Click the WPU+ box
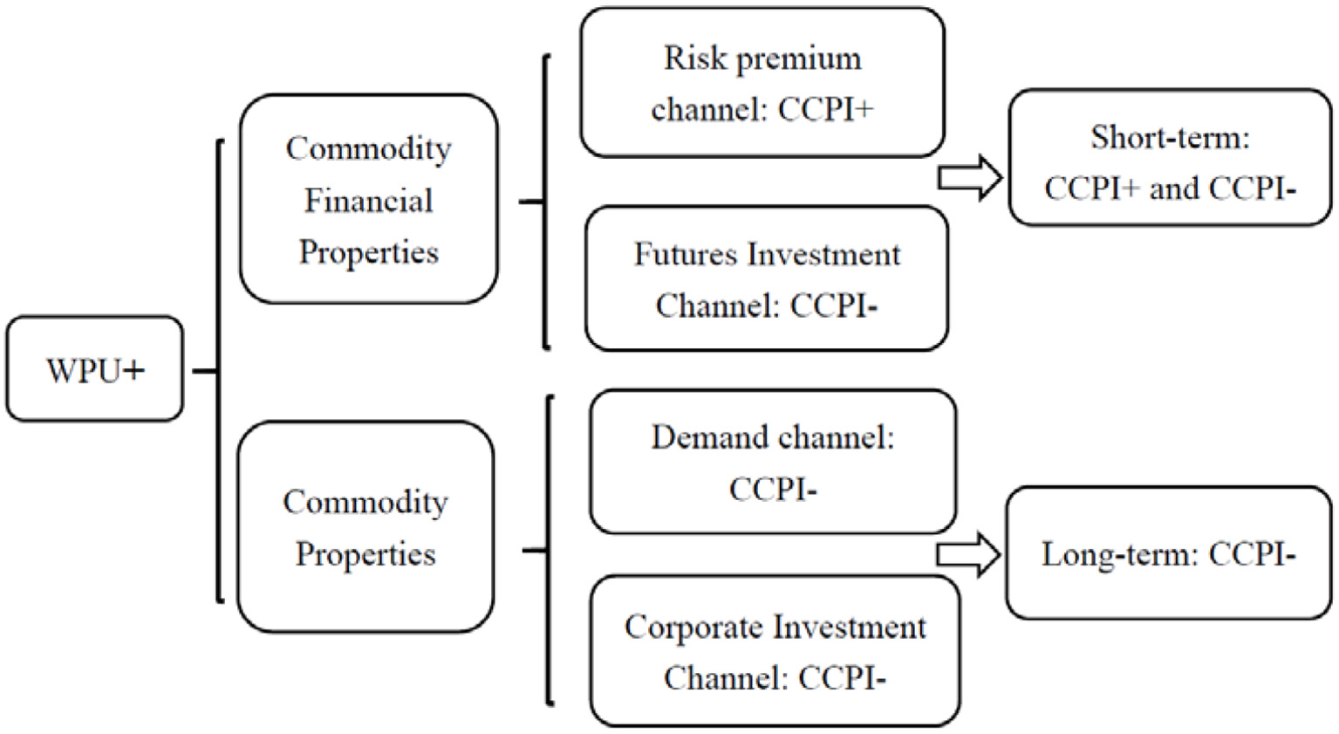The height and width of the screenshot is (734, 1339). pos(95,369)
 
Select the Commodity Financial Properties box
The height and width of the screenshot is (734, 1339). pos(368,200)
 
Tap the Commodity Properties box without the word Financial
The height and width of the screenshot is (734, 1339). pos(365,527)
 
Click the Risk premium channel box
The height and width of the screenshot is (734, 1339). pos(762,83)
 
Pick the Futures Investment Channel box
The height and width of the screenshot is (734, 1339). pos(766,279)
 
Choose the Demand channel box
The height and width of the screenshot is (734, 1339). pos(773,462)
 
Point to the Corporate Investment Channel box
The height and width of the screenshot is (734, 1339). pos(775,651)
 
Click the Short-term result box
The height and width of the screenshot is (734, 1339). pos(1170,158)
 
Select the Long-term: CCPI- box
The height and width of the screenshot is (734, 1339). pos(1168,553)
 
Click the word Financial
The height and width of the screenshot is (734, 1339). pos(368,201)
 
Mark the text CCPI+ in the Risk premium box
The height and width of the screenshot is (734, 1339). pos(825,110)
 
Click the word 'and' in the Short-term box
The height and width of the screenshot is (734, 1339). pos(1174,188)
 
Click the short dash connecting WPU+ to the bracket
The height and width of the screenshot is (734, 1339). pos(204,371)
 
